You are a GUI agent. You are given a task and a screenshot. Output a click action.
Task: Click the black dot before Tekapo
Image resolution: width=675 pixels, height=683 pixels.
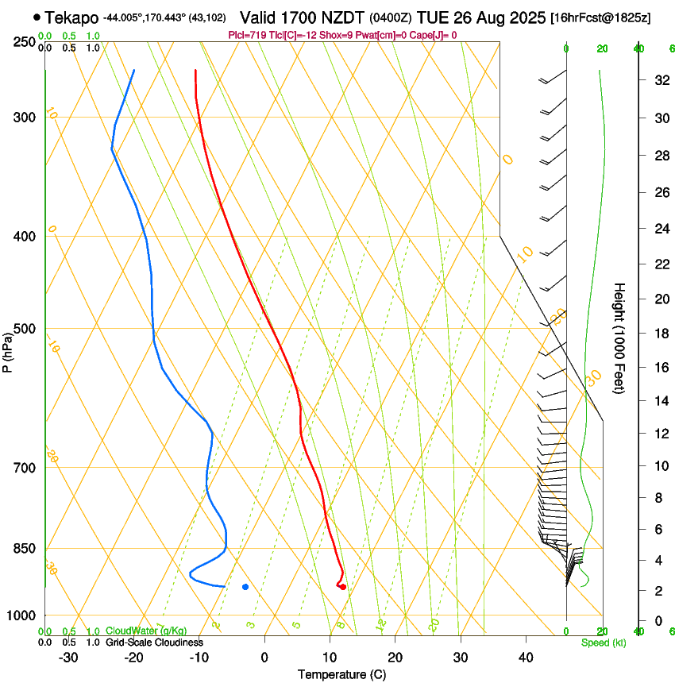(x=37, y=17)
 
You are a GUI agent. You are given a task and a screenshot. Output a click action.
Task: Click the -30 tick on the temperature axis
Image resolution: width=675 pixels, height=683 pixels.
(x=68, y=657)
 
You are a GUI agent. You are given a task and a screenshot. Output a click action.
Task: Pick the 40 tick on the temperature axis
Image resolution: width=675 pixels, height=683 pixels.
(x=526, y=657)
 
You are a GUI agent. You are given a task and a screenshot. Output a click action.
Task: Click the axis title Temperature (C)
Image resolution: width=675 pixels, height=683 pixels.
(x=341, y=674)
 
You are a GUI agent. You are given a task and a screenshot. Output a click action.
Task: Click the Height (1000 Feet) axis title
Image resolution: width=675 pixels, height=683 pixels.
(x=619, y=338)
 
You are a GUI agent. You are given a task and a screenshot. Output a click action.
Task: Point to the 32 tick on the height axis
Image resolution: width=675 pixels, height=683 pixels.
(x=659, y=80)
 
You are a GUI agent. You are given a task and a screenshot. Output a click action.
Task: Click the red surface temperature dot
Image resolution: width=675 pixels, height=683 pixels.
(x=342, y=587)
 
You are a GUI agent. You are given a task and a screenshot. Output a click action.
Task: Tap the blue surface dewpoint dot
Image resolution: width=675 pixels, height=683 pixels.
(x=245, y=587)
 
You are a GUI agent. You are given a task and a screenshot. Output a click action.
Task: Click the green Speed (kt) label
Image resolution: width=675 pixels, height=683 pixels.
(x=603, y=642)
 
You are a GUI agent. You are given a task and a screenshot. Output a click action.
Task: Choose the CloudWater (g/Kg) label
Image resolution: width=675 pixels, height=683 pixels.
(x=146, y=631)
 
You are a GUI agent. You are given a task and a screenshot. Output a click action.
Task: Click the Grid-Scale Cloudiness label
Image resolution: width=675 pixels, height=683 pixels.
(x=154, y=642)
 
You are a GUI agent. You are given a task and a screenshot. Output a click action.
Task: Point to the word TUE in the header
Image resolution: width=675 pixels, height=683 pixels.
(x=433, y=17)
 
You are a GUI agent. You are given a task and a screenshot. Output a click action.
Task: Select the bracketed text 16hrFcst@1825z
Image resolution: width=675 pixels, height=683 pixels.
(x=600, y=17)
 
